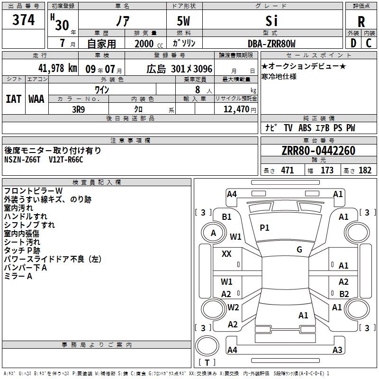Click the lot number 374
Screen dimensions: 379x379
coord(24,20)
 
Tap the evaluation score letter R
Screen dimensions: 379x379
coord(361,22)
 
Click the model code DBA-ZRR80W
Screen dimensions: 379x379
coord(271,44)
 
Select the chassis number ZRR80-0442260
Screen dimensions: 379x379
coord(318,151)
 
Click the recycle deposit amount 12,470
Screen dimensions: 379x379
coord(235,109)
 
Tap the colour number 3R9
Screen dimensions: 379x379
coord(78,109)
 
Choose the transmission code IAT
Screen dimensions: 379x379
coord(13,99)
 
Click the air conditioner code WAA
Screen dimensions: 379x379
coord(36,99)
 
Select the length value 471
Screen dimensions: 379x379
coord(286,171)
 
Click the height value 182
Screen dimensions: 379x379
coord(365,171)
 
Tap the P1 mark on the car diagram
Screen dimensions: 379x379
coord(264,228)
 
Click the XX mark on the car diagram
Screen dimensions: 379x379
coord(226,254)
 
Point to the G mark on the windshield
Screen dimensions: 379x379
coord(299,250)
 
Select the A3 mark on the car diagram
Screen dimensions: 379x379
coord(337,350)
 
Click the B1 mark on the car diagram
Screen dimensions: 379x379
coord(226,217)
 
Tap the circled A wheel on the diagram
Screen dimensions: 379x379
coord(213,233)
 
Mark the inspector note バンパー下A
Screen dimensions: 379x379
coord(26,268)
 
